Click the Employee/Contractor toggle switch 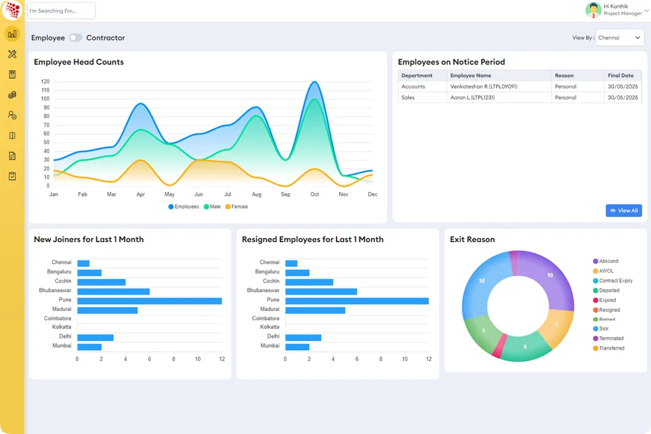click(76, 38)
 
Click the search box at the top click(62, 10)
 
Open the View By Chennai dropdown click(619, 38)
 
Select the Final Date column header click(620, 75)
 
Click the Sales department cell click(408, 98)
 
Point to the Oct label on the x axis click(314, 195)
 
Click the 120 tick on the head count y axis click(45, 81)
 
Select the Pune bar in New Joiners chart click(149, 301)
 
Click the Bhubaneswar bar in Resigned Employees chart click(321, 292)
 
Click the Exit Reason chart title click(472, 239)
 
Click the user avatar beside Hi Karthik click(593, 10)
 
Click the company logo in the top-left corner click(12, 10)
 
